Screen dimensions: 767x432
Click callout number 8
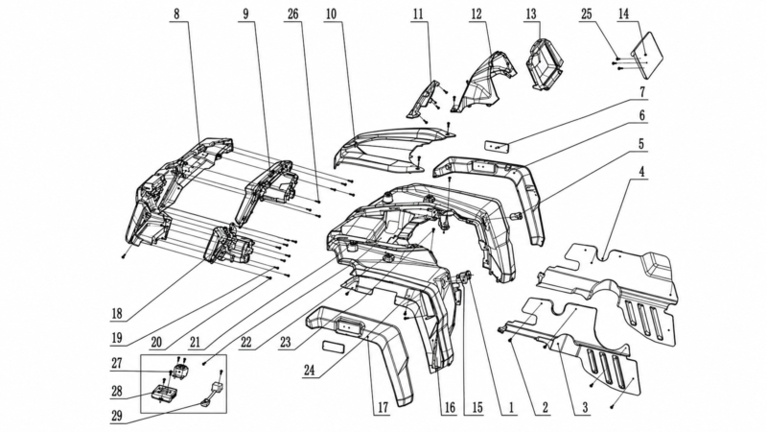pyautogui.click(x=176, y=13)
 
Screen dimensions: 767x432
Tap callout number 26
pyautogui.click(x=292, y=13)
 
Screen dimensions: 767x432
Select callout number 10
pyautogui.click(x=331, y=13)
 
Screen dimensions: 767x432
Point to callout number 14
pyautogui.click(x=624, y=13)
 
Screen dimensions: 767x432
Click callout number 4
pyautogui.click(x=641, y=173)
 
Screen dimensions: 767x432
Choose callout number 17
pyautogui.click(x=382, y=407)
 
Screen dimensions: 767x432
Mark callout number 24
pyautogui.click(x=309, y=370)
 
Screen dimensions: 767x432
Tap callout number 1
pyautogui.click(x=511, y=407)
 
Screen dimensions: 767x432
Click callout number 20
pyautogui.click(x=156, y=342)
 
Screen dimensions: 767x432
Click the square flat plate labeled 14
pyautogui.click(x=646, y=55)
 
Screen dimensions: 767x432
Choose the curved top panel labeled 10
pyautogui.click(x=391, y=147)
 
